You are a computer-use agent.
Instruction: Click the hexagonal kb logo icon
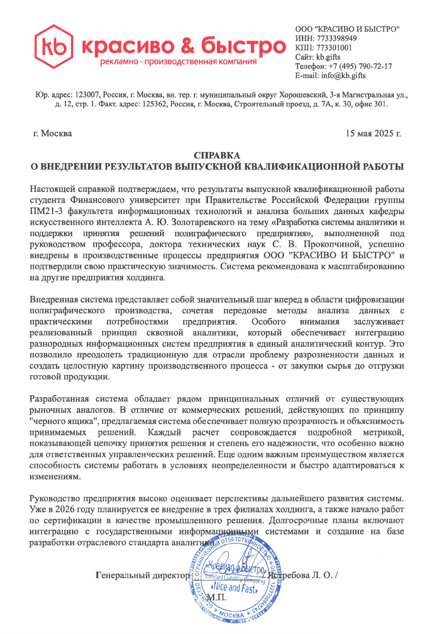54,46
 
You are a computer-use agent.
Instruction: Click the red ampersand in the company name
188,45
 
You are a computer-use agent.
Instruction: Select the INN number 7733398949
337,38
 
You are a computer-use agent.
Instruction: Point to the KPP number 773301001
334,48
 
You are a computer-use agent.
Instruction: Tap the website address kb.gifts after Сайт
328,57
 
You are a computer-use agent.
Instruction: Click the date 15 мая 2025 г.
373,133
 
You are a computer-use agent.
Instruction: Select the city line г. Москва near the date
52,133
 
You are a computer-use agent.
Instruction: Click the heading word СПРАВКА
217,155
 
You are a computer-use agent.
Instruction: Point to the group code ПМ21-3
46,211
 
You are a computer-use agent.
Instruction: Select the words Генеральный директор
142,575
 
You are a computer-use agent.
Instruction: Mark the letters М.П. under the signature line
216,597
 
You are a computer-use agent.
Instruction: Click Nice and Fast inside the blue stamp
235,587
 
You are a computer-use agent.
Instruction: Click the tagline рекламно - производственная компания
178,62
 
